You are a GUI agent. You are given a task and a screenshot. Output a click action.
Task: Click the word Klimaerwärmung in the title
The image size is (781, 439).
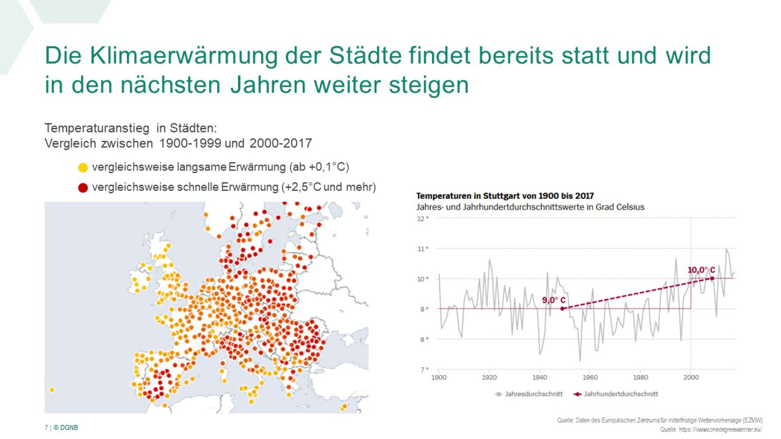[x=183, y=55]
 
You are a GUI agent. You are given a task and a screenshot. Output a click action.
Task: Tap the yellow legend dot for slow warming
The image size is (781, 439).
[x=83, y=168]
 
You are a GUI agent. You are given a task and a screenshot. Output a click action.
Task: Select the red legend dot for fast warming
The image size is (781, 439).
[x=83, y=188]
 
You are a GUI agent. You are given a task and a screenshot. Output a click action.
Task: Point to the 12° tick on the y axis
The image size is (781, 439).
[x=422, y=219]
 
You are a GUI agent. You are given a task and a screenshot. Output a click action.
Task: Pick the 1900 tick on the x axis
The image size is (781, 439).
[x=439, y=378]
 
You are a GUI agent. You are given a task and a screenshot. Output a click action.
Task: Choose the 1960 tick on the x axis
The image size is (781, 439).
[x=590, y=378]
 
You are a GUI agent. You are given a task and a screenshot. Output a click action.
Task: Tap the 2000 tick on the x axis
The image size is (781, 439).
[x=691, y=378]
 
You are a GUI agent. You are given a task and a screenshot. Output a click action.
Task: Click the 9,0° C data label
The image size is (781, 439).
[x=553, y=300]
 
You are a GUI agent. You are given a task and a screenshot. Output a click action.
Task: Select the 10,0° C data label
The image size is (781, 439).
[x=701, y=270]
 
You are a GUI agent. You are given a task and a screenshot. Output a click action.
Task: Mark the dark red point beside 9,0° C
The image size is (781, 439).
[x=562, y=308]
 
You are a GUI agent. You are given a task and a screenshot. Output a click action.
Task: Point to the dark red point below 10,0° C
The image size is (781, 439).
[x=712, y=279]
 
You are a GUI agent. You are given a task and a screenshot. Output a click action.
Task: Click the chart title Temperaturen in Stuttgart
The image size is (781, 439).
[x=505, y=196]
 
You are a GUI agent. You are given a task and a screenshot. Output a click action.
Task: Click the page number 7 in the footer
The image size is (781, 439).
[x=46, y=428]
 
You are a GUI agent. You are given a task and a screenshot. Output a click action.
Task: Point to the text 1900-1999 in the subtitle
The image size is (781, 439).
[x=190, y=143]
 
